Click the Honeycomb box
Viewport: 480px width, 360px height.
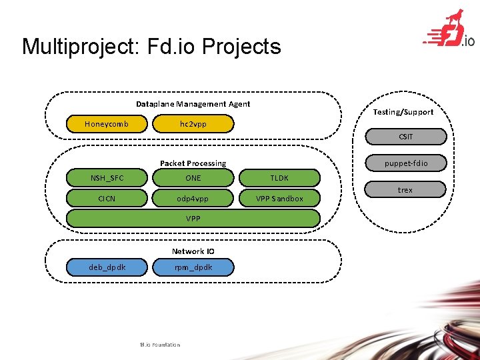(107, 124)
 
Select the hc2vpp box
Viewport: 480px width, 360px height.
(193, 124)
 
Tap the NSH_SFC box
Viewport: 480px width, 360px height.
(107, 178)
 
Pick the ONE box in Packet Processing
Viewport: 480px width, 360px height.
(193, 178)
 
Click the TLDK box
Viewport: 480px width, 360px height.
(279, 178)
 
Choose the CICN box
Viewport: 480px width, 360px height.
(107, 198)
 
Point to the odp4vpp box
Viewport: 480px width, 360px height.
(193, 198)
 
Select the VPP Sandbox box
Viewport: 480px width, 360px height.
(279, 198)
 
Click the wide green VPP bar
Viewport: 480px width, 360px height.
(193, 218)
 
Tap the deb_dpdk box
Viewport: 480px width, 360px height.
(107, 267)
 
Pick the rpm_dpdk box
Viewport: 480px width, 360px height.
(193, 267)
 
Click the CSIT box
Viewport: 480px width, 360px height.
(405, 137)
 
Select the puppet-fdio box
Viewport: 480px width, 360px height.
(405, 163)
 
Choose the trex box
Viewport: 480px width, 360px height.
(405, 190)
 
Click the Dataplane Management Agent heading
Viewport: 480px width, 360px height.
(193, 104)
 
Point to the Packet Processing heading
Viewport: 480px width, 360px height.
(193, 163)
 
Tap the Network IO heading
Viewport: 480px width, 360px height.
(193, 251)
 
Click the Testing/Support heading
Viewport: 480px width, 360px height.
(403, 112)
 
